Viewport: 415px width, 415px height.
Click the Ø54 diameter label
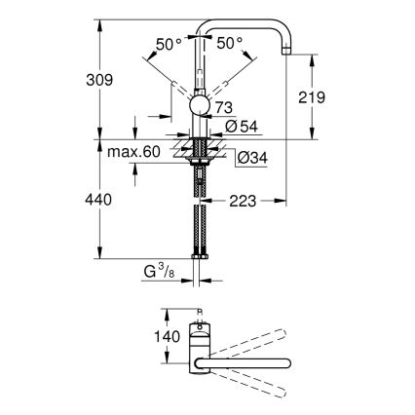[240, 125]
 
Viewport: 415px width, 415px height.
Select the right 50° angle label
[230, 44]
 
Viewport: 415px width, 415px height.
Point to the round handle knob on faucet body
[198, 106]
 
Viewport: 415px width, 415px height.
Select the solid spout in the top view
[244, 363]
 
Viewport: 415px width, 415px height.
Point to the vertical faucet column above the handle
[203, 63]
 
